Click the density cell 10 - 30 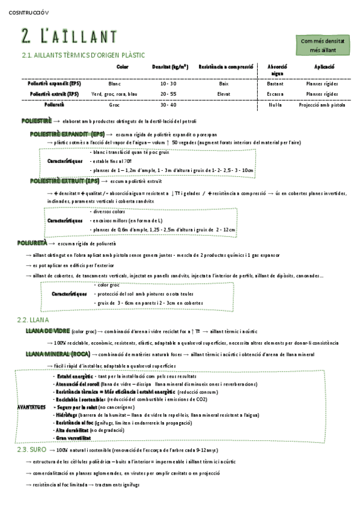coord(169,84)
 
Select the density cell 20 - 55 coord(169,94)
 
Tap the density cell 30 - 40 coord(169,105)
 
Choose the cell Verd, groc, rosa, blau coord(114,94)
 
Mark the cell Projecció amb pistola coord(323,105)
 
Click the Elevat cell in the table coord(224,94)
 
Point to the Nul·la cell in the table coord(275,105)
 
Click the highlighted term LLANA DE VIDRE coord(47,331)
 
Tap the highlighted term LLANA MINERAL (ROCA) coord(58,354)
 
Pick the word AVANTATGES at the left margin coord(31,407)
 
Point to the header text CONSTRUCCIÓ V coord(29,12)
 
